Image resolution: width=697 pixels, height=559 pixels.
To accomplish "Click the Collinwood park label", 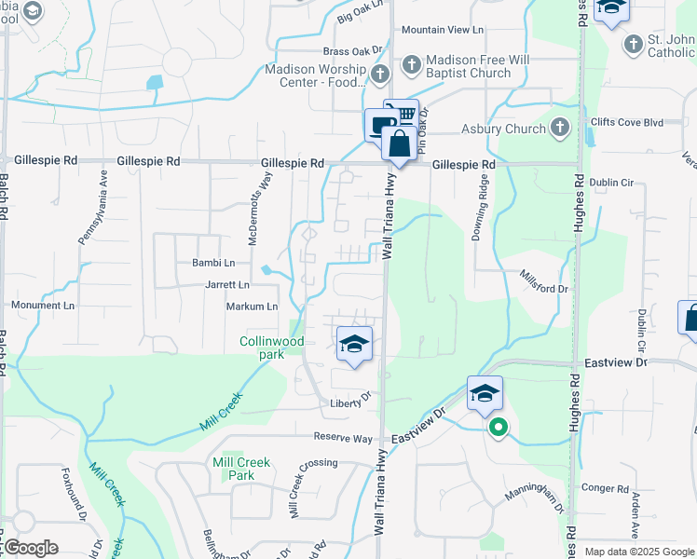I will pyautogui.click(x=272, y=348).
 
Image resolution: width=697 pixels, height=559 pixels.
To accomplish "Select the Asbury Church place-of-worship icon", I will pyautogui.click(x=559, y=128).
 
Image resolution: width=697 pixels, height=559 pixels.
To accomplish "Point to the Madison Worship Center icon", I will pyautogui.click(x=379, y=74).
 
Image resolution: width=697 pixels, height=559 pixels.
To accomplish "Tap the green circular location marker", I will pyautogui.click(x=499, y=428).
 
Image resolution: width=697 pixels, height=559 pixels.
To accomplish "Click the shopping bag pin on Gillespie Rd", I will pyautogui.click(x=399, y=144).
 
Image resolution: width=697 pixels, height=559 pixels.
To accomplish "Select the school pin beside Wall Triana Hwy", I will pyautogui.click(x=354, y=345).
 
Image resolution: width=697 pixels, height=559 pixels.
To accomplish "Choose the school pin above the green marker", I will pyautogui.click(x=485, y=393).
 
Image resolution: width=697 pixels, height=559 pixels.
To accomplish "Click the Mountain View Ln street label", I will pyautogui.click(x=444, y=30).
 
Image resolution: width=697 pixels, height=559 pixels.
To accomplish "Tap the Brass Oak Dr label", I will pyautogui.click(x=353, y=51).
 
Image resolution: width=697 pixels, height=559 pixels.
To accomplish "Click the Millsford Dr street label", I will pyautogui.click(x=544, y=289).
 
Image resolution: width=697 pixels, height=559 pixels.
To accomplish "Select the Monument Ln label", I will pyautogui.click(x=43, y=305).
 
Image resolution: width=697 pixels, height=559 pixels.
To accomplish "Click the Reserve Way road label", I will pyautogui.click(x=343, y=438).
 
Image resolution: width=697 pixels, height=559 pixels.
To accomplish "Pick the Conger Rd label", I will pyautogui.click(x=604, y=488).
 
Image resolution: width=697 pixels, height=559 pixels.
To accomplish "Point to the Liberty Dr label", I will pyautogui.click(x=350, y=403).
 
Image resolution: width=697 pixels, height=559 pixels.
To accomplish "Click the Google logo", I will pyautogui.click(x=30, y=548).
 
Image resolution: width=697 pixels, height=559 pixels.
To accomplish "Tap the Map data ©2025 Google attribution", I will pyautogui.click(x=639, y=552).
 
